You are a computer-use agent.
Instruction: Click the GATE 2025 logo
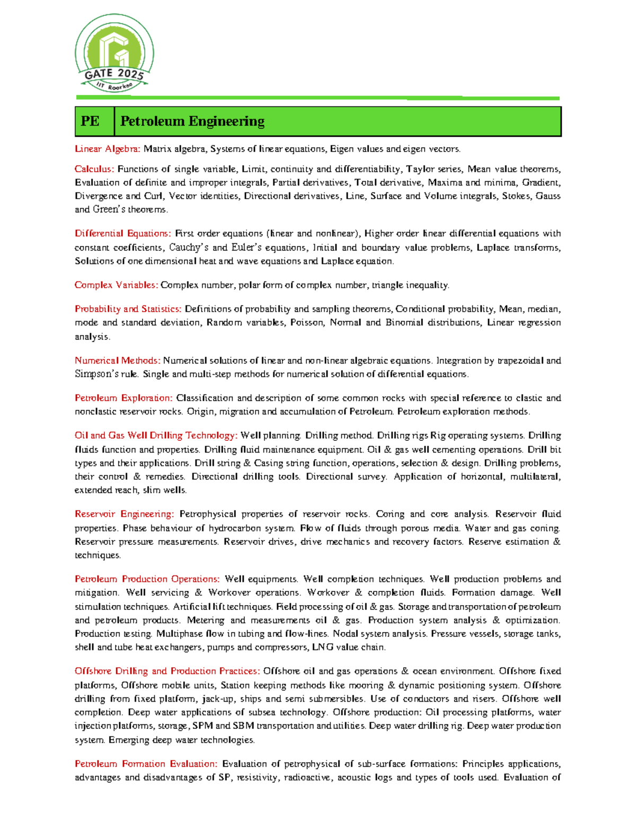114,54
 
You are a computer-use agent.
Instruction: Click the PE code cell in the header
90,121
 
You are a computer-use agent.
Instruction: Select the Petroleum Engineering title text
192,121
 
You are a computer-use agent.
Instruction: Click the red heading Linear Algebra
107,149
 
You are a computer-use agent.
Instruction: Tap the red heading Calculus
94,169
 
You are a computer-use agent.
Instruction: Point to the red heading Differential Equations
122,233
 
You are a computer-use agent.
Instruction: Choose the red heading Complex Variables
116,285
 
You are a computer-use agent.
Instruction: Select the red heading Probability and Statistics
128,309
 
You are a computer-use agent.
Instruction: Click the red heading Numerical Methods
117,360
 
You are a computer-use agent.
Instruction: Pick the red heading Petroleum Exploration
123,398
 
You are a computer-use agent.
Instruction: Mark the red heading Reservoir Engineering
124,514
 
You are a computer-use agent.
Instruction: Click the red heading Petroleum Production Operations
147,579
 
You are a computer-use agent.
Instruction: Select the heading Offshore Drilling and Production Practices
167,671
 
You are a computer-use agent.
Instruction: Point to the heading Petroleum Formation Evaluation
146,764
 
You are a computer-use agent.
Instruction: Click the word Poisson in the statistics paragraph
306,323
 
